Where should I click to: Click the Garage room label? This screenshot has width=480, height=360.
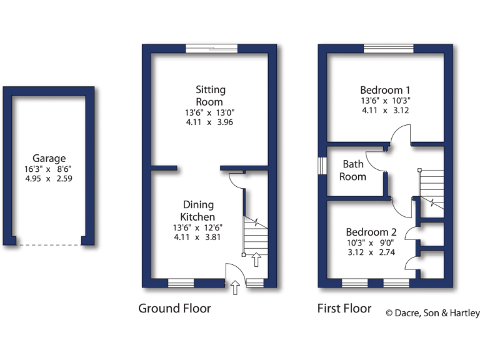(49, 159)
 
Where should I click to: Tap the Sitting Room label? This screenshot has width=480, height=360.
(210, 96)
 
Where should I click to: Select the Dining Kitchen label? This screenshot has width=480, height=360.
(198, 211)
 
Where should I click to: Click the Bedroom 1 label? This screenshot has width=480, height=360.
(385, 89)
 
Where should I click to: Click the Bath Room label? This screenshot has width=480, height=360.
(353, 170)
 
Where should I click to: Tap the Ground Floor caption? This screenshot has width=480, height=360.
(174, 308)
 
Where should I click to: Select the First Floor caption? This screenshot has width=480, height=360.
(344, 308)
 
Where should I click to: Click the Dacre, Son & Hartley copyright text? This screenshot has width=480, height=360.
(432, 313)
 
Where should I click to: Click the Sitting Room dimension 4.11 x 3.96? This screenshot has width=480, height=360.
(210, 122)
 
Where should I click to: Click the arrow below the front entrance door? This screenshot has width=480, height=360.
(235, 287)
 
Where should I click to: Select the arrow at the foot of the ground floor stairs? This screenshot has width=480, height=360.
(256, 259)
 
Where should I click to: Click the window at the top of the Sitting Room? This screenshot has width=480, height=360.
(211, 47)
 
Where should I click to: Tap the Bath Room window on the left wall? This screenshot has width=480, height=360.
(321, 164)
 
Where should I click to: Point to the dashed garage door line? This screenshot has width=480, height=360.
(49, 245)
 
